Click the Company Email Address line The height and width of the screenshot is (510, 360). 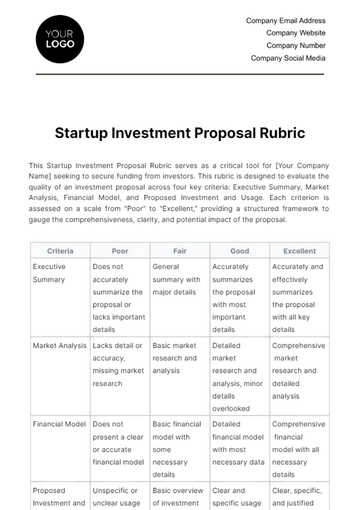tap(285, 20)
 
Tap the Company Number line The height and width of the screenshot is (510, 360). tap(296, 45)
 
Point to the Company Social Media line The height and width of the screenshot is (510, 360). tap(288, 58)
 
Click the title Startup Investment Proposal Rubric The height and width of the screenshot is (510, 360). tap(180, 132)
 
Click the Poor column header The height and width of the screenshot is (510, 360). tap(119, 252)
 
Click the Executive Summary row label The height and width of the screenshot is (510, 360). tap(50, 274)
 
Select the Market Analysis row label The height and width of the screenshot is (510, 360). tap(59, 345)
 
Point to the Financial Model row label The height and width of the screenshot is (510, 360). tap(58, 424)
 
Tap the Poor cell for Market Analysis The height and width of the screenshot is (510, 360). tap(119, 363)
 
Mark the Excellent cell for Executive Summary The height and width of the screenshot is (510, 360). tap(298, 298)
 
